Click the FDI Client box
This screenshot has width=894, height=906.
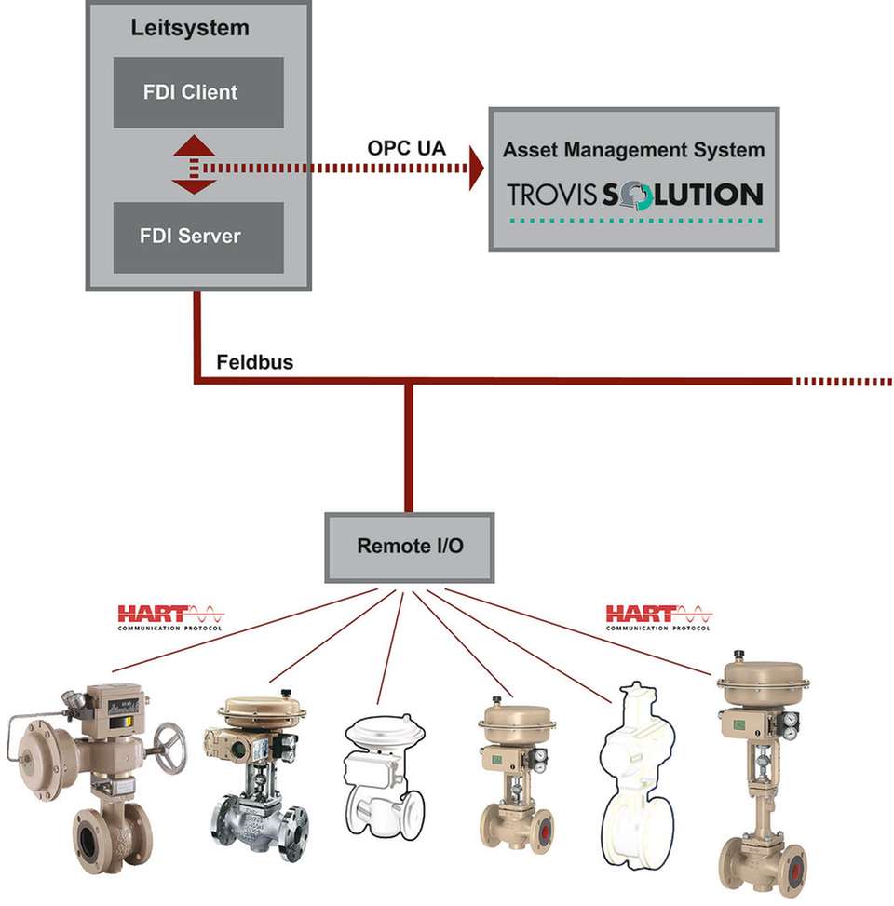[x=198, y=92]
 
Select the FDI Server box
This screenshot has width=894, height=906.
[x=198, y=236]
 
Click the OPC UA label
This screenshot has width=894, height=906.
[x=406, y=148]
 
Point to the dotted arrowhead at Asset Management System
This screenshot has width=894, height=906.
[x=476, y=168]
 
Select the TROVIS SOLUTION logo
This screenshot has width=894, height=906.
[x=634, y=195]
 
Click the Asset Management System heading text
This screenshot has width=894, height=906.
[x=633, y=149]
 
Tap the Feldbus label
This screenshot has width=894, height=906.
[x=254, y=362]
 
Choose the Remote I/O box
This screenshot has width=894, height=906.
[x=409, y=547]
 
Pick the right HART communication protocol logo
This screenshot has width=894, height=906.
[x=658, y=616]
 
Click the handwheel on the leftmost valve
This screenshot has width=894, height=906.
[x=169, y=746]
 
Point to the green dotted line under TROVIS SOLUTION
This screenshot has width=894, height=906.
[x=634, y=221]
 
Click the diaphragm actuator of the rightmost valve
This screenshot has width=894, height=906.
[x=763, y=680]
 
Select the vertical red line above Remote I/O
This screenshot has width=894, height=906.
[x=408, y=447]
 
